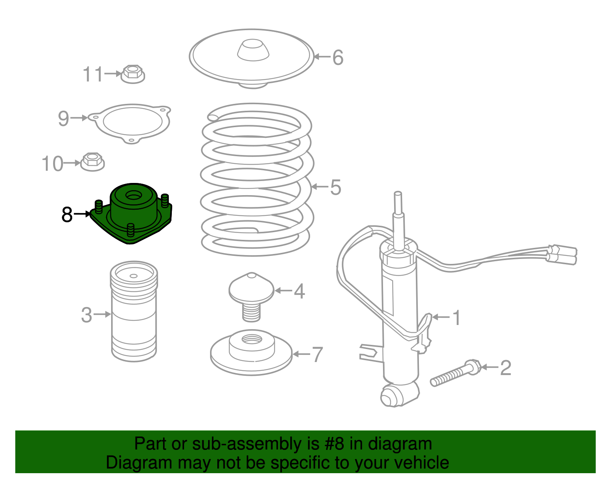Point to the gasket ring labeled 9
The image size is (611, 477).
[x=132, y=123]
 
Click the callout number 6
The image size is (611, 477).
[x=338, y=57]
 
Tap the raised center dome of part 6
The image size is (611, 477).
[x=253, y=50]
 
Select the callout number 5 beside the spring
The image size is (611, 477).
[x=335, y=187]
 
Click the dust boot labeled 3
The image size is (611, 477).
[x=134, y=311]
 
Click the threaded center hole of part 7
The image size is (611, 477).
[x=252, y=339]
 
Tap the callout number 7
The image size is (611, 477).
[x=317, y=355]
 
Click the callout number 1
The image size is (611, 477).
[x=456, y=317]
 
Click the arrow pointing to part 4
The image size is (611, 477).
[x=283, y=291]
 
